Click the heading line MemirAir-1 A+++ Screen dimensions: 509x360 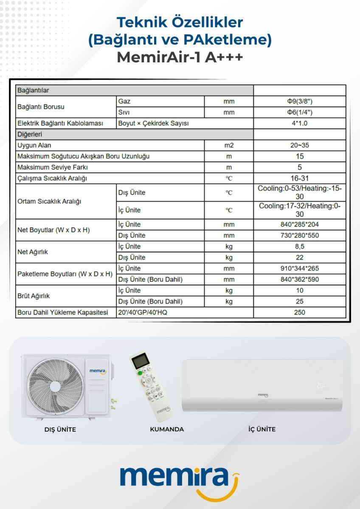pyautogui.click(x=180, y=57)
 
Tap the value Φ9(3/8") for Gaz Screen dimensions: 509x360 pyautogui.click(x=300, y=101)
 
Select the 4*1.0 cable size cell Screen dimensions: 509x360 pyautogui.click(x=300, y=124)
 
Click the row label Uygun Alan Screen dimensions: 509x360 pyautogui.click(x=34, y=146)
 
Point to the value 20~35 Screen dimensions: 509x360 pyautogui.click(x=300, y=145)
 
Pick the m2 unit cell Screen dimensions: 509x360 pyautogui.click(x=229, y=145)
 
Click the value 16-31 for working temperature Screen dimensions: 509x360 pyautogui.click(x=300, y=178)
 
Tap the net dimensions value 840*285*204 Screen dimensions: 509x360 pyautogui.click(x=300, y=224)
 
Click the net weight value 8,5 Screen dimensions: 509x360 pyautogui.click(x=300, y=246)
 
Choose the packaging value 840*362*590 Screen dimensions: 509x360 pyautogui.click(x=300, y=279)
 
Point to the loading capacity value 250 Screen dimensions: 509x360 pyautogui.click(x=300, y=312)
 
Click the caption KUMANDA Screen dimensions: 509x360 pyautogui.click(x=167, y=429)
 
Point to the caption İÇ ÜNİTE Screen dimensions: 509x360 pyautogui.click(x=262, y=429)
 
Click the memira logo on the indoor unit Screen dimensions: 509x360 pyautogui.click(x=263, y=395)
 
